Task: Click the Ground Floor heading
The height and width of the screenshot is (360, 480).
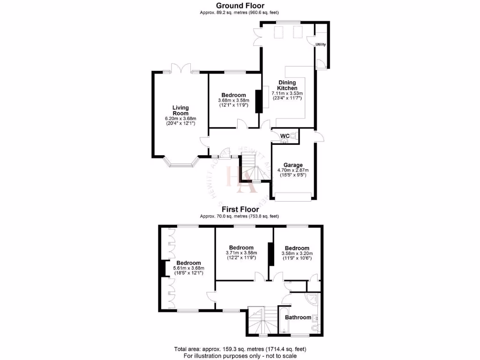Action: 240,6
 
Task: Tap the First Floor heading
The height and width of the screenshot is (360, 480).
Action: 240,209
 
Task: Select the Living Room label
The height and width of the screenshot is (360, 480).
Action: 180,110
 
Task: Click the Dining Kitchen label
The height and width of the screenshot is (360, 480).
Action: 287,85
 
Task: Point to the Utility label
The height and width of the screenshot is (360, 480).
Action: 321,45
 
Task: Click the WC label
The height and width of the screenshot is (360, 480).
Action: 285,136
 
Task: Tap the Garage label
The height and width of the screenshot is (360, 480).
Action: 293,165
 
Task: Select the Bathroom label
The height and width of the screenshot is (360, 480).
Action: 298,317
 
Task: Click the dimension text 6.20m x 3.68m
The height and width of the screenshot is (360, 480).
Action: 180,119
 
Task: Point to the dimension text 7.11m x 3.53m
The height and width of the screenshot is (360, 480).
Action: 287,93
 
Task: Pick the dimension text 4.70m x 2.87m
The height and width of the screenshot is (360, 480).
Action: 293,170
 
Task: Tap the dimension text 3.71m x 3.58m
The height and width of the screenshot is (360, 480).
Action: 241,253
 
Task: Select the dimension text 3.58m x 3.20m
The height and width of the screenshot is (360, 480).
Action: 297,253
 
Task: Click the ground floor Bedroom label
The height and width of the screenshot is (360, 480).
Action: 233,95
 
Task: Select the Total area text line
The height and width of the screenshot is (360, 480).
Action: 240,349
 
